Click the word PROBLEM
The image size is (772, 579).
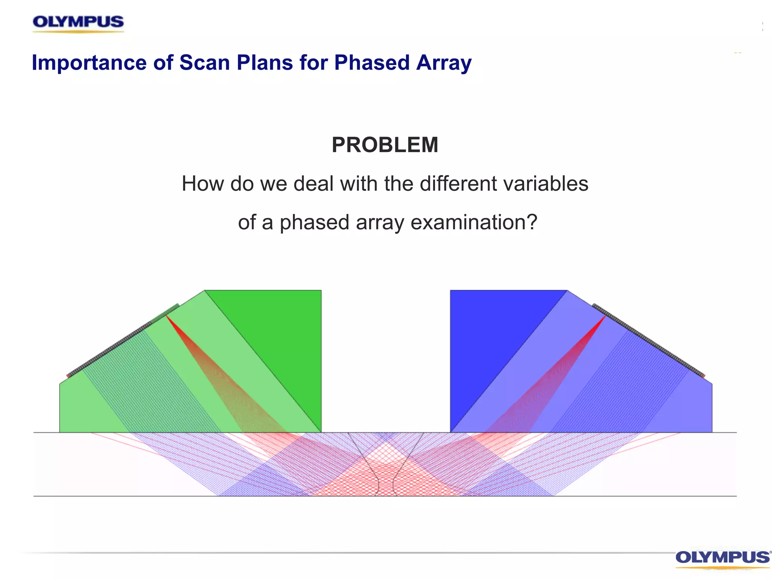(385, 145)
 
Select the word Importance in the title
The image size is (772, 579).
(89, 63)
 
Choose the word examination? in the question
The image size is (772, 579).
(474, 222)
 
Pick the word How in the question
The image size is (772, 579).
(203, 184)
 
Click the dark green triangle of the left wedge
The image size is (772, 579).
(286, 339)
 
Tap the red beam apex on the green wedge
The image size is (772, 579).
(167, 316)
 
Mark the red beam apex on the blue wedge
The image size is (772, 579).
(605, 316)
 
